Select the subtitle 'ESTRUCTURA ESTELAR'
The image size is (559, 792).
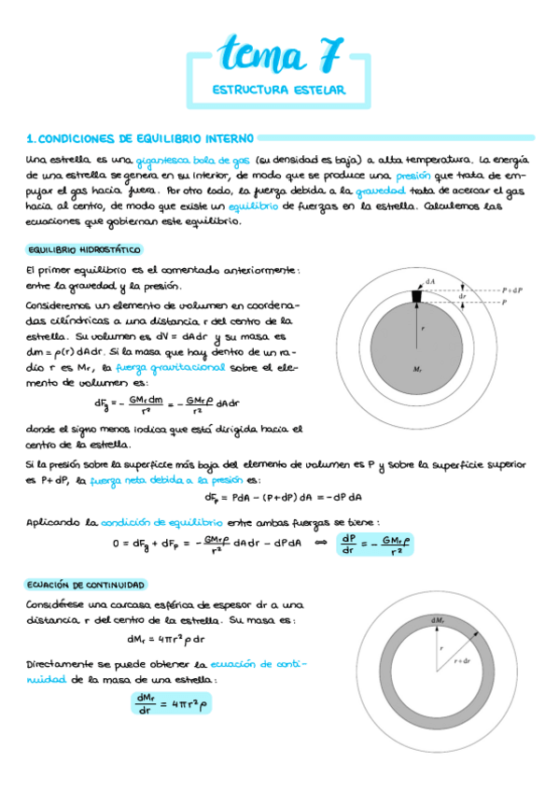tap(279, 91)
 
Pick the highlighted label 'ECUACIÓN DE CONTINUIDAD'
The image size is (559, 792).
tap(86, 584)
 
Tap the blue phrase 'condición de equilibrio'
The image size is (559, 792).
tap(175, 522)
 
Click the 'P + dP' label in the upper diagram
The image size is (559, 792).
tap(512, 290)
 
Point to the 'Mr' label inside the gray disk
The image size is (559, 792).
tap(417, 370)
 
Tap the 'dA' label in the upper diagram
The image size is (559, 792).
tap(430, 280)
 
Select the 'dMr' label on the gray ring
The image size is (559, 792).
tap(437, 621)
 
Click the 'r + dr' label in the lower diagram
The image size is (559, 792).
tap(463, 660)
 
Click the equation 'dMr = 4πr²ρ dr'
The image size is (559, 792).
tap(166, 639)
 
